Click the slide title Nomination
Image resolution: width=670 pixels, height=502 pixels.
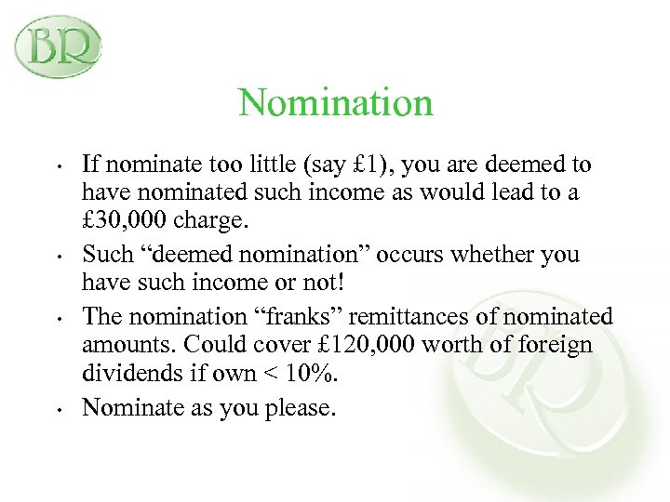tap(335, 102)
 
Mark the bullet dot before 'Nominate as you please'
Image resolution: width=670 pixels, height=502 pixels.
tap(59, 406)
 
